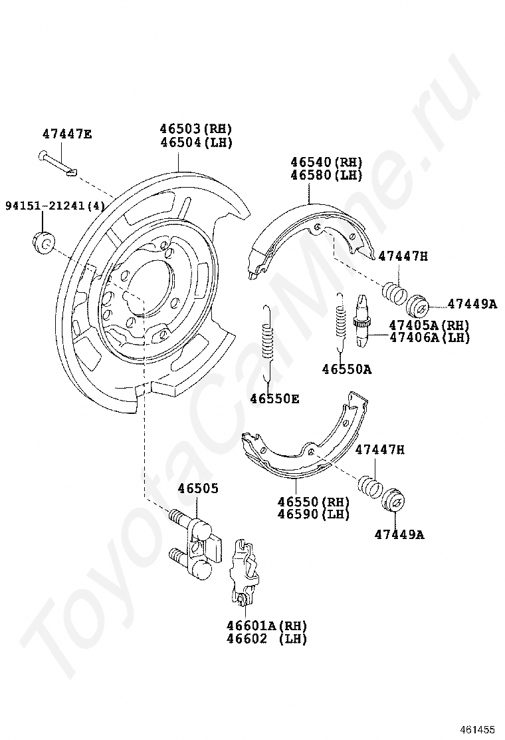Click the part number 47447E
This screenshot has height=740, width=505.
pyautogui.click(x=67, y=134)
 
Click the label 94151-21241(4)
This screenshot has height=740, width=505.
pyautogui.click(x=55, y=206)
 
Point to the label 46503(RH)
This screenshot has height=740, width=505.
pyautogui.click(x=195, y=129)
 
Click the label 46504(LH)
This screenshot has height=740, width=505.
pyautogui.click(x=195, y=142)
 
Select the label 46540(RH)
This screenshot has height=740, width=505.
pyautogui.click(x=326, y=162)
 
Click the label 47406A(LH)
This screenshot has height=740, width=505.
pyautogui.click(x=429, y=337)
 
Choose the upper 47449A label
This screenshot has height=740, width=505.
pyautogui.click(x=471, y=304)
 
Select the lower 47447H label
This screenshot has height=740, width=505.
pyautogui.click(x=379, y=450)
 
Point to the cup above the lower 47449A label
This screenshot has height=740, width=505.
pyautogui.click(x=394, y=502)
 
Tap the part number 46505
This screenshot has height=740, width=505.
pyautogui.click(x=197, y=489)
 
